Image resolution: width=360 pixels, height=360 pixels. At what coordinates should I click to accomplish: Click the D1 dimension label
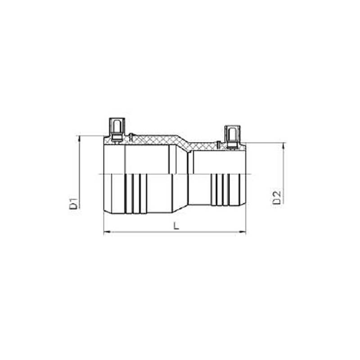[x=73, y=204]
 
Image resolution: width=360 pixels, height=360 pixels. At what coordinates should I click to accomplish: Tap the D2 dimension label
[x=277, y=197]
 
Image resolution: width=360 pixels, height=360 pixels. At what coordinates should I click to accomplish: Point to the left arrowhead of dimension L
[x=106, y=232]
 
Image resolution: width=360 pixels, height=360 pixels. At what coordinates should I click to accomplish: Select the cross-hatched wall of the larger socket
[x=148, y=140]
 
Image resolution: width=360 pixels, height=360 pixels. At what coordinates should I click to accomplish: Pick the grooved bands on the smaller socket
[x=220, y=189]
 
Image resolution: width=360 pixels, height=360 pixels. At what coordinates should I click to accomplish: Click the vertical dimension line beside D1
[x=80, y=180]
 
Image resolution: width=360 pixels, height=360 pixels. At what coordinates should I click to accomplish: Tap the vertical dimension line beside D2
[x=283, y=180]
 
